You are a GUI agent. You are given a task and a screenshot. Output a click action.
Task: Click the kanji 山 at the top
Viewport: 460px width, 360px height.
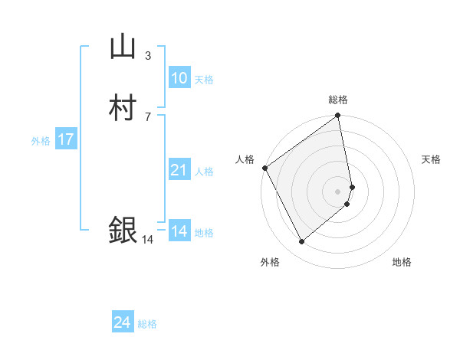click(x=123, y=47)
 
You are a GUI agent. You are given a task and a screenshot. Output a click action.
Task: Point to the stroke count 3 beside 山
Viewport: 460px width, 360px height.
click(x=147, y=55)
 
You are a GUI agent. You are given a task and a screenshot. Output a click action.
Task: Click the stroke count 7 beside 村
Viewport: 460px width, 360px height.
click(x=147, y=116)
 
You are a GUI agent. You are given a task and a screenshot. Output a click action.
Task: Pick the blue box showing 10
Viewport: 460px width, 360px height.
click(x=179, y=78)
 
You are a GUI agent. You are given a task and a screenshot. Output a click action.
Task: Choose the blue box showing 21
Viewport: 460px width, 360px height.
click(x=179, y=170)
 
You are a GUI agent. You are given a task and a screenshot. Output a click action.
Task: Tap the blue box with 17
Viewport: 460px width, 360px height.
click(x=65, y=139)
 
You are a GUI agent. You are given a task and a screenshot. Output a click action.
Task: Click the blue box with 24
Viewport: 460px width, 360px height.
click(x=122, y=323)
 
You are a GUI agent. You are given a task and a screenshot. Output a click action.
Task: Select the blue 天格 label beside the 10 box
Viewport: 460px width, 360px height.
click(x=203, y=80)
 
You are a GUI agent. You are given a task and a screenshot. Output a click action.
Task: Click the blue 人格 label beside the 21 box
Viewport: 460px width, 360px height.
click(x=203, y=172)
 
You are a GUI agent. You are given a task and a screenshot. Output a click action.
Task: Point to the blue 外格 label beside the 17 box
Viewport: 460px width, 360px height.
click(x=40, y=141)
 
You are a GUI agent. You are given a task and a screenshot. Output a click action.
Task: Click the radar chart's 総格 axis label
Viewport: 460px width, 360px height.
click(x=337, y=100)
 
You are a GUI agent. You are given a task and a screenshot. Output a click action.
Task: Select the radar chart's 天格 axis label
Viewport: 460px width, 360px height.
click(x=431, y=159)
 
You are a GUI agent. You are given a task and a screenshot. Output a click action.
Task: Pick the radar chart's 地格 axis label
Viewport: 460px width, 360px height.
click(x=402, y=262)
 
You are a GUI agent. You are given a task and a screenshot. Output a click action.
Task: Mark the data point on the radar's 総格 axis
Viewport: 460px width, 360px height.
click(x=337, y=117)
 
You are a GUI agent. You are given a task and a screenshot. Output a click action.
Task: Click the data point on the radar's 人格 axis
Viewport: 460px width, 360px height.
click(x=264, y=168)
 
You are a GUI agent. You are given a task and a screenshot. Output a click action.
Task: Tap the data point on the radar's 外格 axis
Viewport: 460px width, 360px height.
click(x=301, y=241)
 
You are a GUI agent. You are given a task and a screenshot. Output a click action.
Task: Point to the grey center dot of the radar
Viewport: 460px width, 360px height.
click(x=337, y=191)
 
